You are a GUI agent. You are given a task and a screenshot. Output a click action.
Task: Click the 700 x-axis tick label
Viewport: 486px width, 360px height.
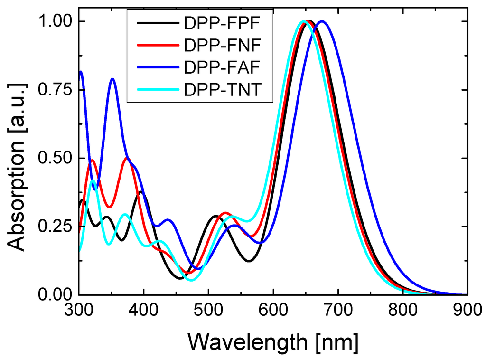[x=338, y=313]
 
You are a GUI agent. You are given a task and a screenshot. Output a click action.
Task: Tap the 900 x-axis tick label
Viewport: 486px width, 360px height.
[x=467, y=313]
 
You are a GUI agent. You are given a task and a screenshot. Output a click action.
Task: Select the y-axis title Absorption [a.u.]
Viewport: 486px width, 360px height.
[x=18, y=158]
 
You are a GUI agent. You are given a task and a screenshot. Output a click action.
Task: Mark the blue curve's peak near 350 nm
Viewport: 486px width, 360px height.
[x=112, y=79]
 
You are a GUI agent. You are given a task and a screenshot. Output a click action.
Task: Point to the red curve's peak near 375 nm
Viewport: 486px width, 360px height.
[x=127, y=158]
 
